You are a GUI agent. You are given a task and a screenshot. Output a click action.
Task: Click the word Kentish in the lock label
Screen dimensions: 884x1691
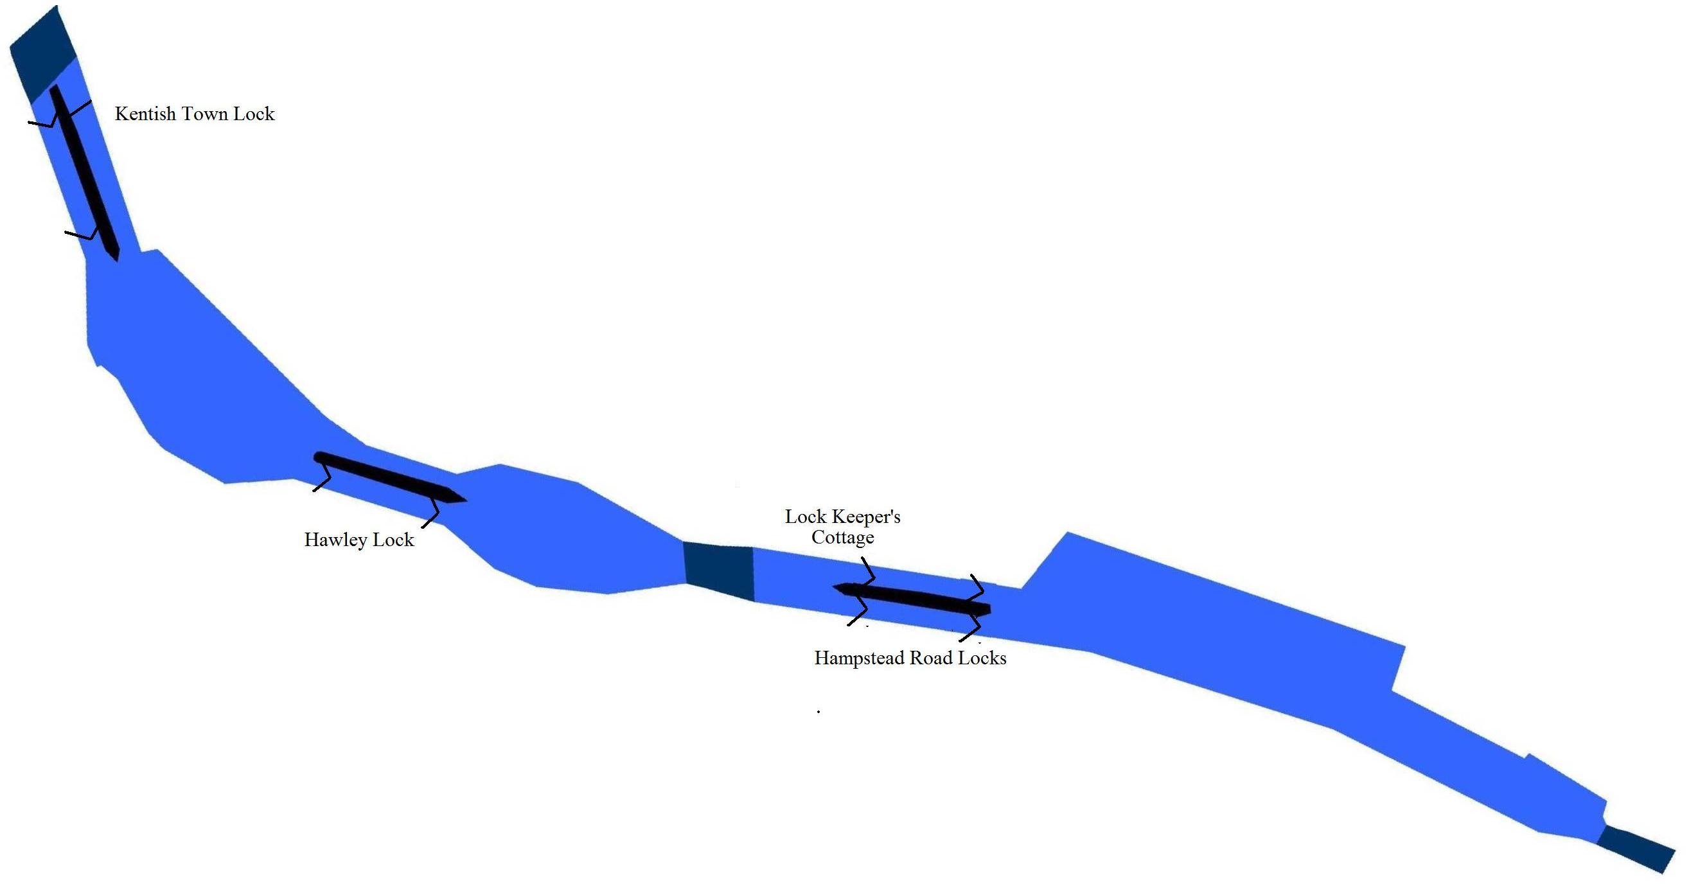pyautogui.click(x=145, y=114)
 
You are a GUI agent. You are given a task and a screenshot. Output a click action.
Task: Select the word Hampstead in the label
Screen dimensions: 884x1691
pyautogui.click(x=859, y=659)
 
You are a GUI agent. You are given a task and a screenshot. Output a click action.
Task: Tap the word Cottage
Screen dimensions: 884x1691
pyautogui.click(x=842, y=538)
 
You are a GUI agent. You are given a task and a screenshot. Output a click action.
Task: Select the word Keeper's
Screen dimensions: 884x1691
pyautogui.click(x=866, y=517)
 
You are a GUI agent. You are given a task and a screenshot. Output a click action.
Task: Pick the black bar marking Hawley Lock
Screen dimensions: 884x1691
pyautogui.click(x=387, y=477)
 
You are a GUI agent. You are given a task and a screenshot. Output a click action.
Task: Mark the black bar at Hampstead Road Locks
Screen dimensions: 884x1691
pyautogui.click(x=912, y=598)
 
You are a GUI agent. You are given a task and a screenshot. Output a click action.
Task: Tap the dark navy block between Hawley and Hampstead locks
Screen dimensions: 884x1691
pyautogui.click(x=719, y=569)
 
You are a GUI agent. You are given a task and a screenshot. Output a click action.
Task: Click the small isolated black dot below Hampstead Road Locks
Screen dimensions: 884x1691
pyautogui.click(x=819, y=711)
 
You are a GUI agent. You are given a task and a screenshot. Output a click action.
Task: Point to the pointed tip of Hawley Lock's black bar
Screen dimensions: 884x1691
pyautogui.click(x=463, y=500)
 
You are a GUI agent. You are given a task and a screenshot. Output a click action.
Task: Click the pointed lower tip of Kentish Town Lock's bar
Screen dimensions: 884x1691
pyautogui.click(x=117, y=258)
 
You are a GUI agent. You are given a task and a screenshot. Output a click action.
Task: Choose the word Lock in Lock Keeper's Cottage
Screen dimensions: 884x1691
pyautogui.click(x=805, y=517)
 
